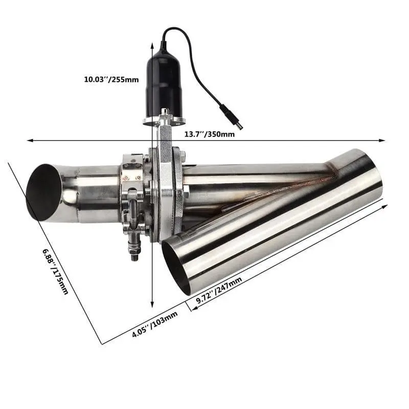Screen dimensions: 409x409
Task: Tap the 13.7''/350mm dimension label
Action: pos(209,134)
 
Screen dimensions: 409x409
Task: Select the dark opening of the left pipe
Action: pos(43,192)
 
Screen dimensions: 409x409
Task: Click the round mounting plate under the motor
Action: pos(164,121)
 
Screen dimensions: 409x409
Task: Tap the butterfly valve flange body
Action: pos(166,194)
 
